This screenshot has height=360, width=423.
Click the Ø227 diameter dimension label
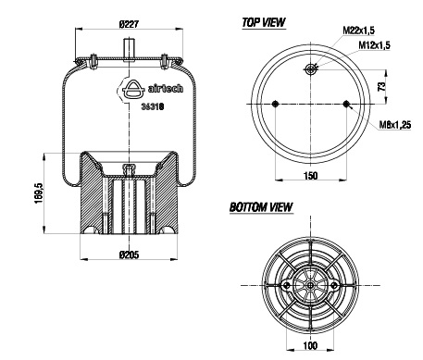(x=129, y=24)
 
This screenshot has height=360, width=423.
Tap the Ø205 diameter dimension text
(x=129, y=254)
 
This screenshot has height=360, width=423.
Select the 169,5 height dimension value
(x=39, y=193)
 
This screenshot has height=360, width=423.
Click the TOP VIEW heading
(x=264, y=22)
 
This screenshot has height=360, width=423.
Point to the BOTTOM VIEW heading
(x=261, y=207)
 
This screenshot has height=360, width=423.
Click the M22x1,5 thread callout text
(x=359, y=31)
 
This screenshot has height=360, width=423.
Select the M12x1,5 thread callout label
(x=374, y=45)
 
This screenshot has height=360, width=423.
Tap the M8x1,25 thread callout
(x=395, y=125)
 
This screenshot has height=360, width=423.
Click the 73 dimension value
(x=382, y=86)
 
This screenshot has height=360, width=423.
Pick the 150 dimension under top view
(x=310, y=176)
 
